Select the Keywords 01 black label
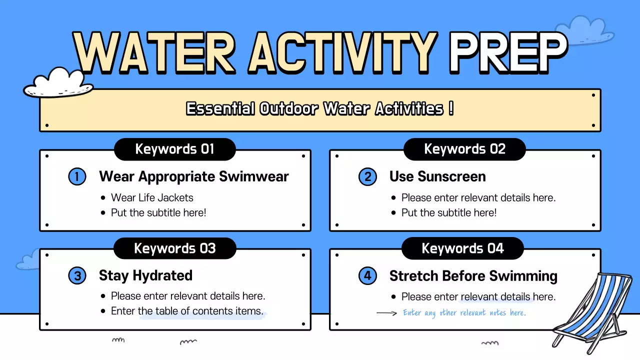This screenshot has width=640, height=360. (x=174, y=149)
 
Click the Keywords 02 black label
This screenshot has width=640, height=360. (x=464, y=149)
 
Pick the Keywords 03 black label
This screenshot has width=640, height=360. (x=174, y=248)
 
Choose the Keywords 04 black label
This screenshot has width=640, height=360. (x=462, y=248)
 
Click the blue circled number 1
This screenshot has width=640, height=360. (x=77, y=176)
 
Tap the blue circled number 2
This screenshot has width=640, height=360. (x=367, y=176)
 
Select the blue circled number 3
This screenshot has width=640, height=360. (x=77, y=276)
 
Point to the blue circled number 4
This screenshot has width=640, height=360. (x=367, y=276)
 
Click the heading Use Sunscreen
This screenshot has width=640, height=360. (x=437, y=176)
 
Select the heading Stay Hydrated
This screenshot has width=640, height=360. (x=145, y=275)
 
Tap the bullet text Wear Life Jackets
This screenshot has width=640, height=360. (x=152, y=197)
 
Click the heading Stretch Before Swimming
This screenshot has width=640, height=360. (x=473, y=275)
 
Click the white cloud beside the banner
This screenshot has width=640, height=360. (x=58, y=83)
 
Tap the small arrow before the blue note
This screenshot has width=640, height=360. (x=386, y=313)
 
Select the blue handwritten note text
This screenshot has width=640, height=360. (x=464, y=313)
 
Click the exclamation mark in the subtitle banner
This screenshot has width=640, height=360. (x=451, y=108)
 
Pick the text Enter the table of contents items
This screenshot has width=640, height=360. (x=187, y=311)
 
